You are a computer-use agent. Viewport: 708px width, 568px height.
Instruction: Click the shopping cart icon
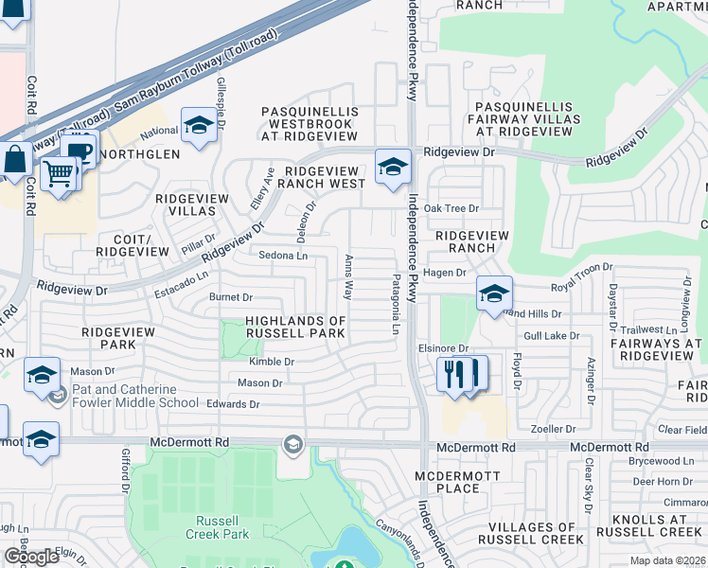(60, 174)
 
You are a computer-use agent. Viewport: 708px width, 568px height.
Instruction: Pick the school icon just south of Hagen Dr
(493, 293)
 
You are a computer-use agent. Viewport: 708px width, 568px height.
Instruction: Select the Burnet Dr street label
(231, 297)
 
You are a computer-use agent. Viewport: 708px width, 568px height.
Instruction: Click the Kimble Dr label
(272, 362)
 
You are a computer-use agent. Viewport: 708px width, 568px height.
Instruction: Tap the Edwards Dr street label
(233, 404)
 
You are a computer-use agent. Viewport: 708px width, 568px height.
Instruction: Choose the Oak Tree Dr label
(451, 208)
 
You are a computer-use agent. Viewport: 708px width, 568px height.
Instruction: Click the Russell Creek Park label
(222, 527)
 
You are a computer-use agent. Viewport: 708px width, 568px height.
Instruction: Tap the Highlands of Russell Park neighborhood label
(295, 327)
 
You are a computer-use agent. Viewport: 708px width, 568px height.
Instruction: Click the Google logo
(31, 557)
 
